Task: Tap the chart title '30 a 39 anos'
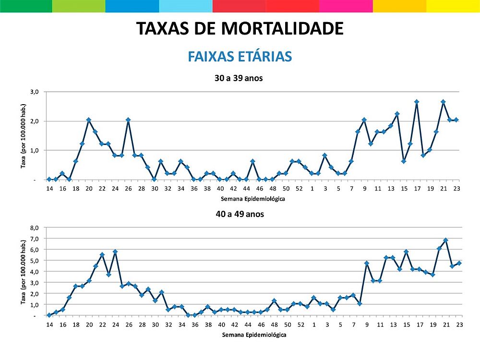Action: click(239, 78)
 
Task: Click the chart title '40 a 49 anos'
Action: click(239, 214)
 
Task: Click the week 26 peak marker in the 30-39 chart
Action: click(128, 120)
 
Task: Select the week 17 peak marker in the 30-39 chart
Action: click(417, 102)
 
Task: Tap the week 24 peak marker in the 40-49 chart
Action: click(115, 252)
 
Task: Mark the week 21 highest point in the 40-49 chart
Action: click(446, 240)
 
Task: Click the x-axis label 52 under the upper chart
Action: click(299, 189)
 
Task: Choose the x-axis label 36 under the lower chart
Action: click(194, 325)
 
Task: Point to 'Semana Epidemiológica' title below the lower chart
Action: click(254, 335)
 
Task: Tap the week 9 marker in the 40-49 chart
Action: click(367, 263)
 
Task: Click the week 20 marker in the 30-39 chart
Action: click(89, 120)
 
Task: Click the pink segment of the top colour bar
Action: click(346, 6)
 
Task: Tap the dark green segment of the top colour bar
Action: click(26, 6)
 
